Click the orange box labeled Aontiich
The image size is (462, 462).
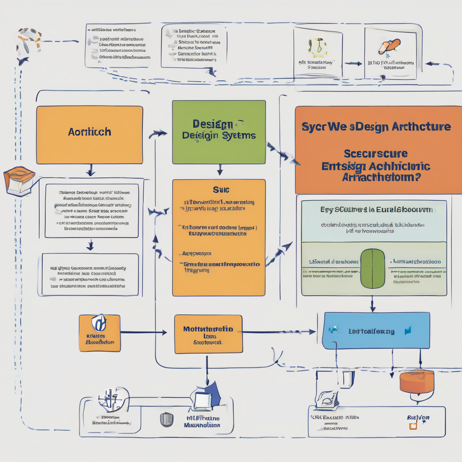click(89, 134)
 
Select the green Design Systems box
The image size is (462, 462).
click(219, 132)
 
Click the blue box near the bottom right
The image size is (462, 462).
click(376, 331)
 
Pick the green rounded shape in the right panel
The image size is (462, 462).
click(373, 268)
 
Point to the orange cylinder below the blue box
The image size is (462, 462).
click(416, 381)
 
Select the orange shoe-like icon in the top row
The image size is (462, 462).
click(389, 46)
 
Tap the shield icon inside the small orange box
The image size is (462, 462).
click(99, 323)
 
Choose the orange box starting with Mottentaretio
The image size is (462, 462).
click(208, 334)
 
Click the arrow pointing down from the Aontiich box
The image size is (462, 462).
click(90, 171)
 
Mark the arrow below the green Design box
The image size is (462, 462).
click(219, 170)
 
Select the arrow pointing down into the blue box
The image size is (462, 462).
click(373, 305)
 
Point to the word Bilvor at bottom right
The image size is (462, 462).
click(418, 418)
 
